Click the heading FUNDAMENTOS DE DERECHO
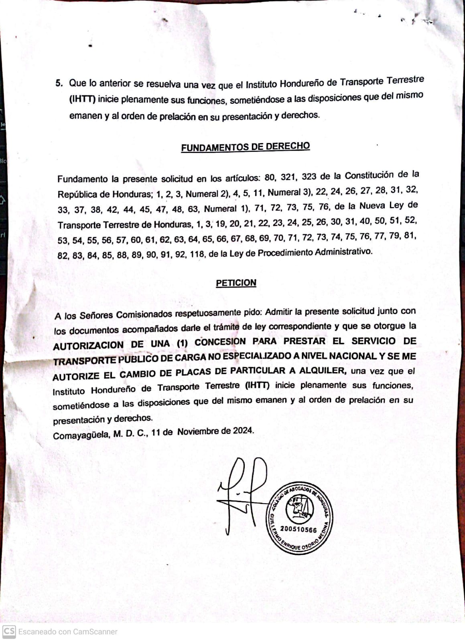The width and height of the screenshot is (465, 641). click(x=245, y=147)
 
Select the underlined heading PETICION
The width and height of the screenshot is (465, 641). click(x=236, y=283)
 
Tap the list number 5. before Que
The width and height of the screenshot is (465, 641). click(x=59, y=83)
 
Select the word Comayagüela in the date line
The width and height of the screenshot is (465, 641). click(x=81, y=435)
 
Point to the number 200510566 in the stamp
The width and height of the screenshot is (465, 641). click(x=298, y=529)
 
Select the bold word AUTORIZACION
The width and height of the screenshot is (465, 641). click(x=88, y=345)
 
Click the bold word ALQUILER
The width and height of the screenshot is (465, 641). click(x=327, y=370)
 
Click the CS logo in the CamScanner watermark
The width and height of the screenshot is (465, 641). click(x=8, y=632)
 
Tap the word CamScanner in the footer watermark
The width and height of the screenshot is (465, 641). click(x=95, y=632)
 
